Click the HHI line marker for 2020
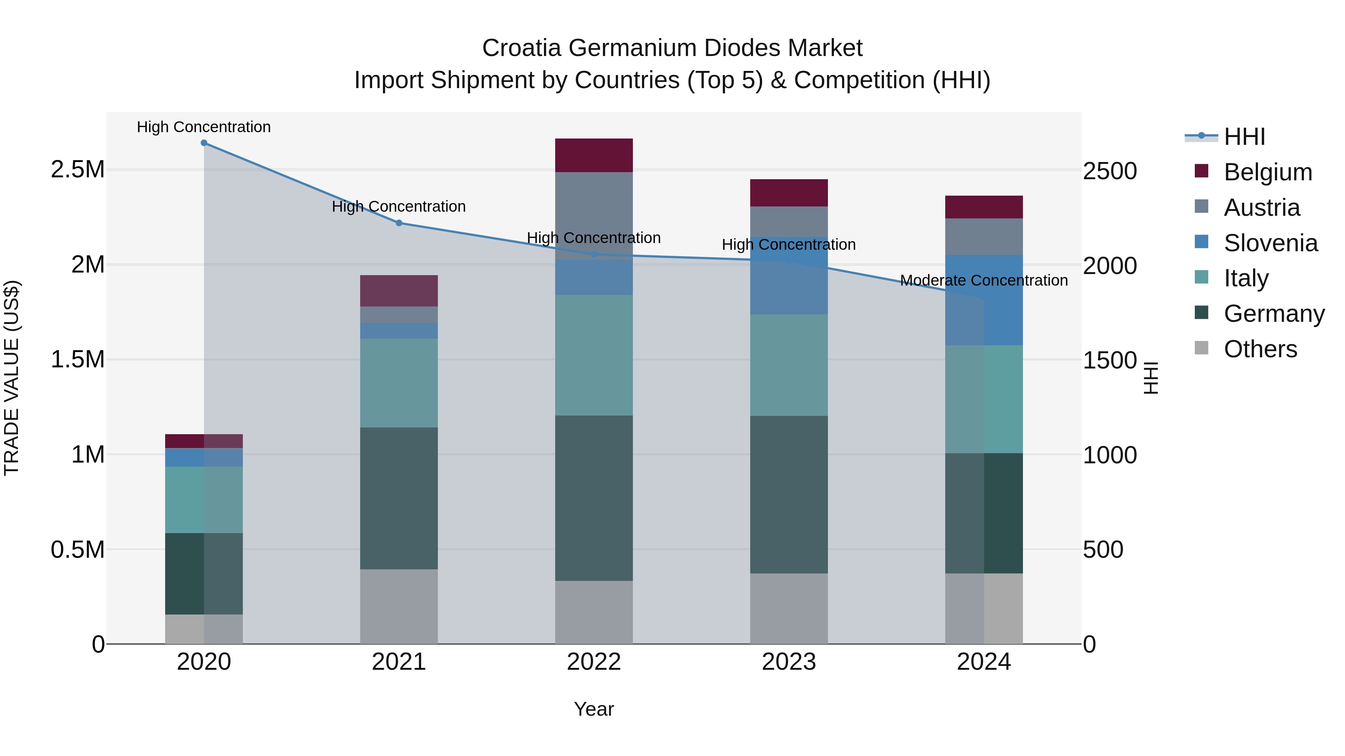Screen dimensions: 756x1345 204,143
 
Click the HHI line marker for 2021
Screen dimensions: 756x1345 399,223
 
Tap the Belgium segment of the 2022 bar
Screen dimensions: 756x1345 594,155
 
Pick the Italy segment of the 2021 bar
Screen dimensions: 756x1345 399,383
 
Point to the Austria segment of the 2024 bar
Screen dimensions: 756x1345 984,237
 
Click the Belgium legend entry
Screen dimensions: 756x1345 1267,172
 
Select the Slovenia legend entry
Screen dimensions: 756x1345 1270,243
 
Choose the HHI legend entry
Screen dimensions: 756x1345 1244,137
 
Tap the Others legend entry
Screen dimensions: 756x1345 1260,349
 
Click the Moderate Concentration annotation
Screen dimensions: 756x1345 984,281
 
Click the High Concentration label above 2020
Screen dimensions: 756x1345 204,127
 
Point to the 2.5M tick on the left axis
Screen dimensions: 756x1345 78,169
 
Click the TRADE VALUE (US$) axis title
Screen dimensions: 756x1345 12,378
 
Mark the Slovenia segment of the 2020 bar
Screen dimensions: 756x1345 204,458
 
